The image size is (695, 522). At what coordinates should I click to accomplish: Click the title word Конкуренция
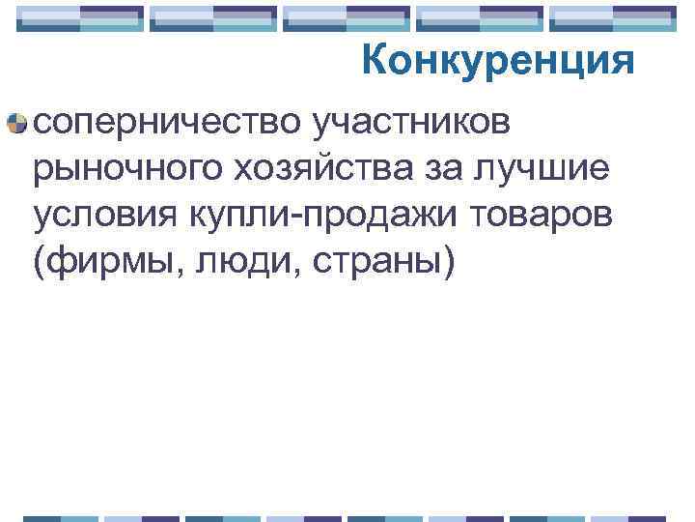click(x=499, y=63)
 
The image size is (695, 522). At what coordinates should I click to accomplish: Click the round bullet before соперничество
click(x=16, y=123)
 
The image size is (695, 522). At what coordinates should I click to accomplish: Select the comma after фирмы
click(x=171, y=272)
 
